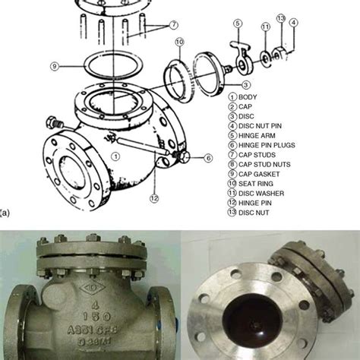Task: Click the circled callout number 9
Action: [54, 66]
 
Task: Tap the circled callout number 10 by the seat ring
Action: [179, 42]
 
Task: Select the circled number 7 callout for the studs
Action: [174, 24]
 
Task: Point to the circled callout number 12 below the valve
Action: [154, 199]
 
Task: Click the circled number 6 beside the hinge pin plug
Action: [208, 157]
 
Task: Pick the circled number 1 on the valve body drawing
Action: [115, 156]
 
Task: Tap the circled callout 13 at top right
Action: [280, 18]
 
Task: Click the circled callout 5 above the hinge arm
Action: [237, 24]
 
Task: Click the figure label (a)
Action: [6, 223]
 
